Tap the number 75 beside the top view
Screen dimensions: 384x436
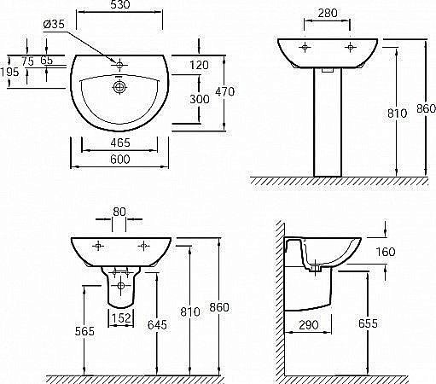[x=28, y=61]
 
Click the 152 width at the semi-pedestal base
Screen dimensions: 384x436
[x=120, y=319]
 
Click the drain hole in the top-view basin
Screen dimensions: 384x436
[x=121, y=85]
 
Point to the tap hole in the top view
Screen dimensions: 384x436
[x=120, y=63]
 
